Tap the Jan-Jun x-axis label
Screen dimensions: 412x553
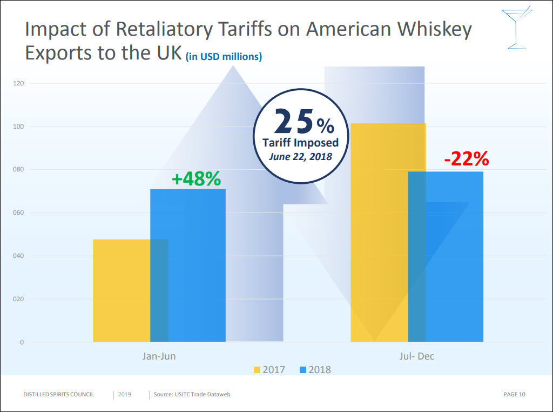point(159,356)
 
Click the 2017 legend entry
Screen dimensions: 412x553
point(269,370)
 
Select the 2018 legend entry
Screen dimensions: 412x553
point(315,370)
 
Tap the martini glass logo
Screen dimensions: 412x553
point(516,27)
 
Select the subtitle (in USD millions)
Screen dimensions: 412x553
point(224,56)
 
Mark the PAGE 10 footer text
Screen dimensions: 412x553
point(514,395)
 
